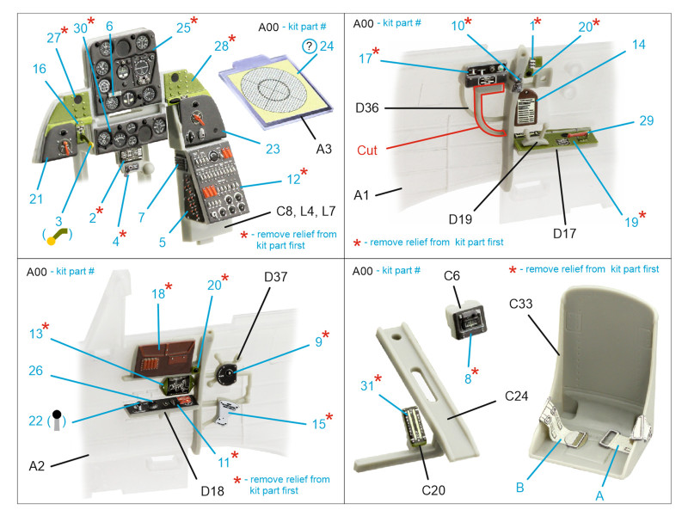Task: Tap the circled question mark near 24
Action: [309, 47]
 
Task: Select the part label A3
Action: [322, 149]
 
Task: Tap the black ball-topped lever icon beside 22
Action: [56, 417]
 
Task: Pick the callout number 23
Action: [273, 149]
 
